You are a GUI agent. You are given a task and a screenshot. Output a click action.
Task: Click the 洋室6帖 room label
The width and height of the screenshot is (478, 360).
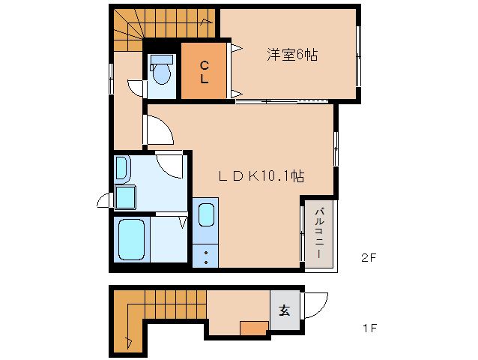point(291,55)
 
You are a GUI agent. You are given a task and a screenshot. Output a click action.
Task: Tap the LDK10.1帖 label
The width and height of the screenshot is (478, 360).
point(260,176)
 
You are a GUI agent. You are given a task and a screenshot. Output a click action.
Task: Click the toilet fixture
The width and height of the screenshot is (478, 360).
point(161,72)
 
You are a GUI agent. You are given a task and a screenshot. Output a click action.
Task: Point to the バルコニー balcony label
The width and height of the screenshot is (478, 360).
point(318,233)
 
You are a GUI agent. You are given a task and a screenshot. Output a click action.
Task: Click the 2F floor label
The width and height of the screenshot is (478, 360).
point(367,258)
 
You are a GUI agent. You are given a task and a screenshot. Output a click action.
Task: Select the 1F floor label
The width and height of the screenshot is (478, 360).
point(367,328)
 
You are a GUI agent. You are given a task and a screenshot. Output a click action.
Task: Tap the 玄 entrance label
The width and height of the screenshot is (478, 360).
point(285,309)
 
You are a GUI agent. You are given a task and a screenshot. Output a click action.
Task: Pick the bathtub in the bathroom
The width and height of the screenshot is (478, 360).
point(131,240)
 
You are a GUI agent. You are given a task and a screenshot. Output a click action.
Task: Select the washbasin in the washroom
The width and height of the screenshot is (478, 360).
point(122,169)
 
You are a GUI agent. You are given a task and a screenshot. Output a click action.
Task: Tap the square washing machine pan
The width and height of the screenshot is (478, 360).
point(125,199)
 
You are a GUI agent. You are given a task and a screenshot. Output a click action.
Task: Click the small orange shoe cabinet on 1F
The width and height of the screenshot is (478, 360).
point(254,328)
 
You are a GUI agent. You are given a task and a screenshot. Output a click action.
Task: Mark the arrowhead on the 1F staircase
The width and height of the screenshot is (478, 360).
point(130,342)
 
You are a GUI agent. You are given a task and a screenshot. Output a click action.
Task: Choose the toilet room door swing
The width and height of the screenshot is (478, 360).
point(136,88)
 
